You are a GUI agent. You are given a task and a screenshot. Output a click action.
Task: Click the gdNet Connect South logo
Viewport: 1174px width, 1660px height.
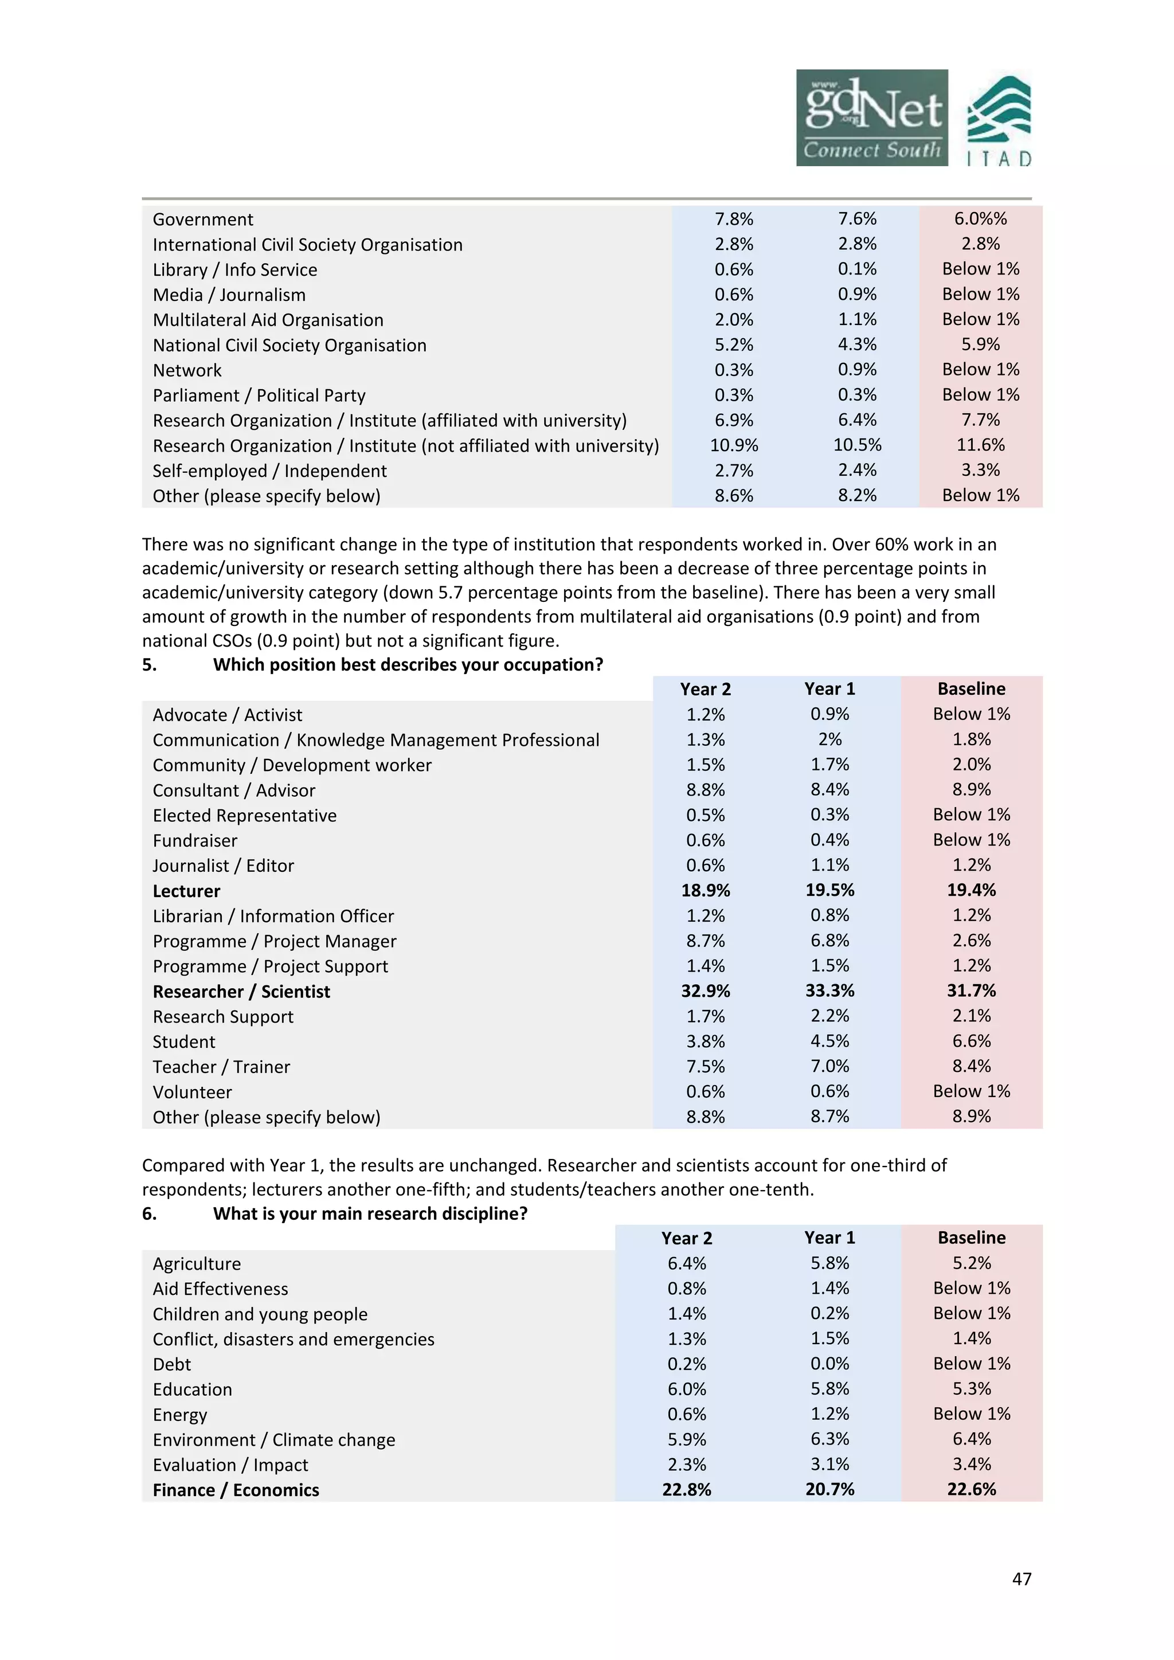pos(871,118)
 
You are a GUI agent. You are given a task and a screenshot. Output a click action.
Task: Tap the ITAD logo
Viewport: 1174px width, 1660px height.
pos(999,121)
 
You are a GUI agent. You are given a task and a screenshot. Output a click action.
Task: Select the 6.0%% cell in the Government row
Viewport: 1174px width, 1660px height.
pos(980,218)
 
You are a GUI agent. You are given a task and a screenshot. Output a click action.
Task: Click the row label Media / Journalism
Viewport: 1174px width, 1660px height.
pos(229,295)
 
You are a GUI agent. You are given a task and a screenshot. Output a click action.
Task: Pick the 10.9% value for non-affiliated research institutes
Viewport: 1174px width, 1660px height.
pos(734,445)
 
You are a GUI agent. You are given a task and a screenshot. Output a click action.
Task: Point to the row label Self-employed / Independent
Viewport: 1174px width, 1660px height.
pos(269,471)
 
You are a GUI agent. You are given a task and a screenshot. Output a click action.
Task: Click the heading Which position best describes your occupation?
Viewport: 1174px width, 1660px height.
pos(408,664)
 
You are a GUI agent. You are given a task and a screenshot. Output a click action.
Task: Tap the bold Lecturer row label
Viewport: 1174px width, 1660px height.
pos(186,891)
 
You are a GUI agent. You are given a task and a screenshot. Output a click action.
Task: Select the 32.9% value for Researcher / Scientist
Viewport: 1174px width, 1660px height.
pos(705,990)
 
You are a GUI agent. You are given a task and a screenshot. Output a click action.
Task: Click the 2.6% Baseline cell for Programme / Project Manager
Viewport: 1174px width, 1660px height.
pos(971,941)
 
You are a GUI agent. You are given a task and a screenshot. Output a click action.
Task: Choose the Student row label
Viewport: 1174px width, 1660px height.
pos(183,1042)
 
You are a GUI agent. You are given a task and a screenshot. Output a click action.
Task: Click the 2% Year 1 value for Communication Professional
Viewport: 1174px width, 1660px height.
pos(829,739)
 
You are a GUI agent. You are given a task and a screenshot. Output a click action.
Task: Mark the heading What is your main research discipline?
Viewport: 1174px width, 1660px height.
pos(370,1213)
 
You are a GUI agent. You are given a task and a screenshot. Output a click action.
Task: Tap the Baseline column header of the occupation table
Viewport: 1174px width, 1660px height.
pos(971,689)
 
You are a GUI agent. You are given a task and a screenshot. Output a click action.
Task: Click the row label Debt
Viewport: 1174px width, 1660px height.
pos(172,1364)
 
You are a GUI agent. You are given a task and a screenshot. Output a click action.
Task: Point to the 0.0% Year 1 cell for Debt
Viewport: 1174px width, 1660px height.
pos(829,1364)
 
